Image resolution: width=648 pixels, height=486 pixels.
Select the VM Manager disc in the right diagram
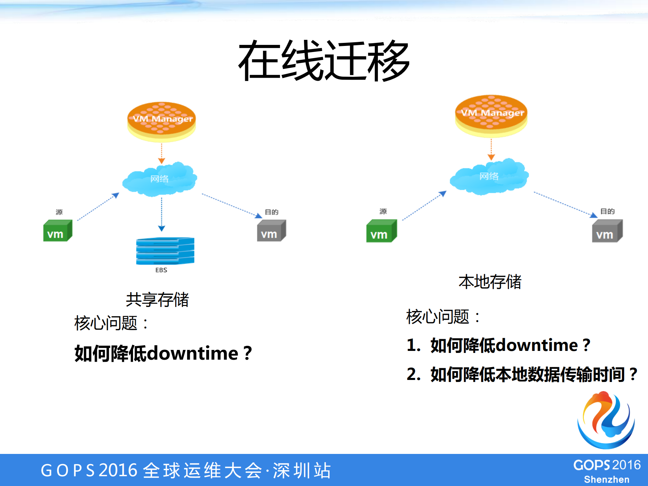click(491, 115)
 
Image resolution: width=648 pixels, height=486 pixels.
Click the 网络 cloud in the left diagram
click(159, 179)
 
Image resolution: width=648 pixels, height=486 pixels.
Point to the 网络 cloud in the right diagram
click(489, 176)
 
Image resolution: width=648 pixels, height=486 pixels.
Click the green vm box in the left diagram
click(57, 231)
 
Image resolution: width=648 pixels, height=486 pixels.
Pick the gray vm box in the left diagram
click(271, 231)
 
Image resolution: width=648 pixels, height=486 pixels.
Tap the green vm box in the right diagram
click(381, 231)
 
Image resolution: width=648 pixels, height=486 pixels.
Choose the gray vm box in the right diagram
click(607, 231)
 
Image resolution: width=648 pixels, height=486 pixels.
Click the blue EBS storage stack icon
click(165, 251)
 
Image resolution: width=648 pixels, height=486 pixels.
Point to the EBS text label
click(161, 270)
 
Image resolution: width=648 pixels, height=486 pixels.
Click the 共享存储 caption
click(157, 300)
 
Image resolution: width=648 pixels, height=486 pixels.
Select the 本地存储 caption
click(490, 282)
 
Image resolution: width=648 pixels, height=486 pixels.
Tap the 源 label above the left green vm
click(59, 212)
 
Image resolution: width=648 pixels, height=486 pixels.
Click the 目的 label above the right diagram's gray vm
click(607, 211)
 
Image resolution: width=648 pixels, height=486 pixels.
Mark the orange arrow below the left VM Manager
click(161, 153)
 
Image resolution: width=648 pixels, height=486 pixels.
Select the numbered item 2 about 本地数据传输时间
click(522, 374)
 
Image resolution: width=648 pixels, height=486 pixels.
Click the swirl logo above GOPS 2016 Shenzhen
click(606, 420)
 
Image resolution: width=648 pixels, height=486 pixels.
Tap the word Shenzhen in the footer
click(606, 480)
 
